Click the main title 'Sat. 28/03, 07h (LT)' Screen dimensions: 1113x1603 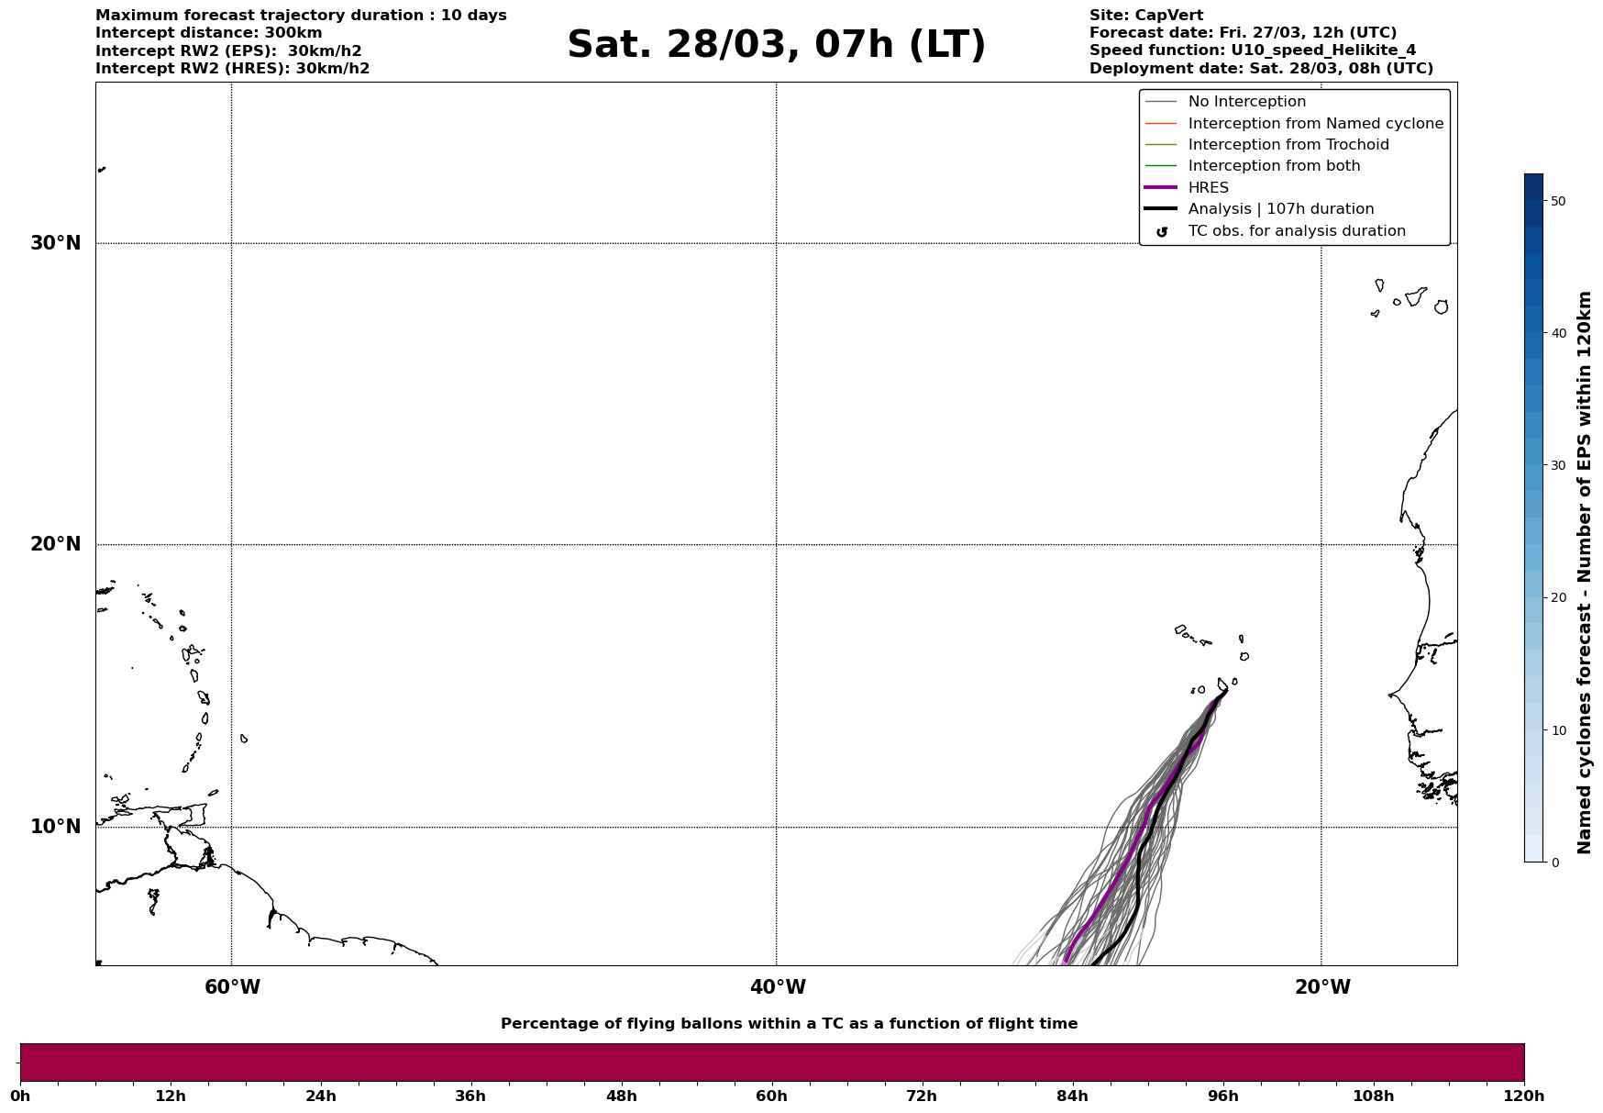point(776,45)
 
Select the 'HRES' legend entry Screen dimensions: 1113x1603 point(1208,188)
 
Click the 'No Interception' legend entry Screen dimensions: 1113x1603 point(1246,102)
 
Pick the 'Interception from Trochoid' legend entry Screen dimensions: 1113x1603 point(1288,145)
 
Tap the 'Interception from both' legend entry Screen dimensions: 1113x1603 point(1274,166)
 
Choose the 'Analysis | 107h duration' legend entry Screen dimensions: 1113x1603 point(1280,209)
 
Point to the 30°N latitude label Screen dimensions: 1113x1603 point(56,243)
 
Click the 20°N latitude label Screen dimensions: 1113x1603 point(56,544)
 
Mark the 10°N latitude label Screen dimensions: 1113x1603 point(56,827)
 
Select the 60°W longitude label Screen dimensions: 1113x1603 point(232,987)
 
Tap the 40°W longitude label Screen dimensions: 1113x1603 point(778,987)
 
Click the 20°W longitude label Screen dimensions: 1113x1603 point(1322,987)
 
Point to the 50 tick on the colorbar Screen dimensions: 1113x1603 point(1557,201)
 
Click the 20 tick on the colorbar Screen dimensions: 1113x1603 point(1557,598)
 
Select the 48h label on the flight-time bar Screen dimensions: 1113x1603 point(621,1096)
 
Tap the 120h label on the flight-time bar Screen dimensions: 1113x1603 point(1524,1096)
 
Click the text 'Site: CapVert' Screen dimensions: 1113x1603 point(1145,16)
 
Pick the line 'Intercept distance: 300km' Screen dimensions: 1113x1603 point(208,33)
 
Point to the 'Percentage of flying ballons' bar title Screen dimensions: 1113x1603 point(789,1024)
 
